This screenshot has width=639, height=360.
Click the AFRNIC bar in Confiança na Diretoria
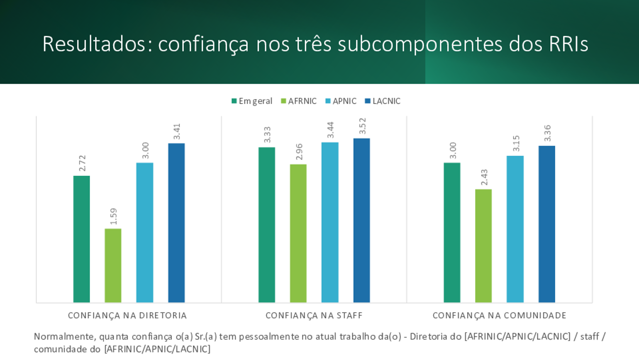113,265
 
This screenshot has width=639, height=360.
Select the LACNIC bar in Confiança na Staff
361,220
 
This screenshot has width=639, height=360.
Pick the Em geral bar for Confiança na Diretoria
81,239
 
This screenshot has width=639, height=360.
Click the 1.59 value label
113,216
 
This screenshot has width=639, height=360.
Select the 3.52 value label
362,126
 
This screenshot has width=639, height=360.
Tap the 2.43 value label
484,178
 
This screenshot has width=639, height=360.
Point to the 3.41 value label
177,131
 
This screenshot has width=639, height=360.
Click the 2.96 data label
299,152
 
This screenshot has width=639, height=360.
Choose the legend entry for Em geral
252,101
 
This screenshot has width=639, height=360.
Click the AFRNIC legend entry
299,101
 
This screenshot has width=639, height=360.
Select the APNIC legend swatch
328,101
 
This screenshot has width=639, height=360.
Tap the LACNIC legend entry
383,101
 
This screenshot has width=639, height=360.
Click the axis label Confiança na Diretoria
127,315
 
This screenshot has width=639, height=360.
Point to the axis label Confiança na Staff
314,315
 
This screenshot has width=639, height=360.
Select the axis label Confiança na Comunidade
500,315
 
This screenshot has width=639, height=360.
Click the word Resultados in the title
94,44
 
